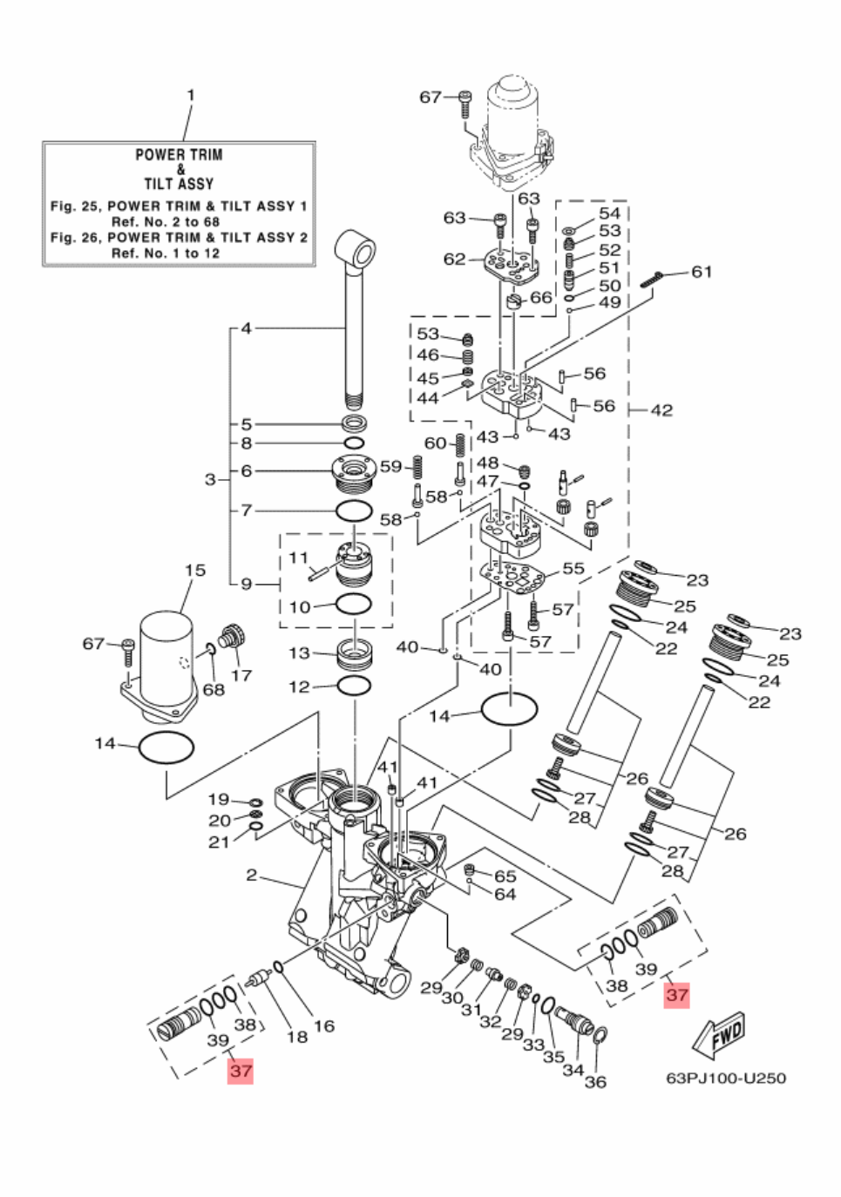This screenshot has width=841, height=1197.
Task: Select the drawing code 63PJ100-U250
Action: coord(725,1078)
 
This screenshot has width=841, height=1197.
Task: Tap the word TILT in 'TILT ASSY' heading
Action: coord(161,184)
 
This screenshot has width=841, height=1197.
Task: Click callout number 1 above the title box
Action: coord(190,95)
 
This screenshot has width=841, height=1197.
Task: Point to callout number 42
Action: coord(661,410)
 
